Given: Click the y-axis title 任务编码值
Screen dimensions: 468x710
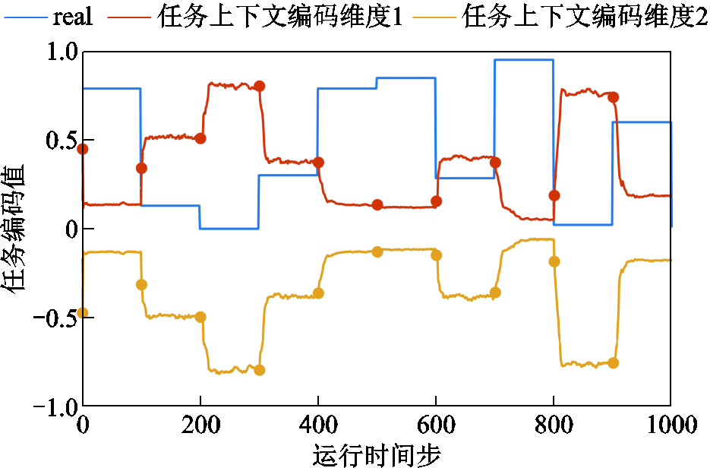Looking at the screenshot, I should pos(17,228).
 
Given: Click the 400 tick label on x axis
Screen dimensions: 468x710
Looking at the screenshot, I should pos(317,425).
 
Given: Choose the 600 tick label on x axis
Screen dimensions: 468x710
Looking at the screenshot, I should pos(435,425).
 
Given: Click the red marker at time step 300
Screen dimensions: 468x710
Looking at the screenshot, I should pos(259,86).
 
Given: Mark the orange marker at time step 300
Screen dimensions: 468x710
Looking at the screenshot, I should pos(259,370).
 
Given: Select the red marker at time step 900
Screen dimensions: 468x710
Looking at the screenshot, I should pos(613,97).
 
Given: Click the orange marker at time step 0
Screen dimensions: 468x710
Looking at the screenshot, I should pos(83,313).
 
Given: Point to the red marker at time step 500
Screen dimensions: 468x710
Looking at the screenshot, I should pos(377,205).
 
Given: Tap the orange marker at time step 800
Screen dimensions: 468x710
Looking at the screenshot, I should pos(554,261).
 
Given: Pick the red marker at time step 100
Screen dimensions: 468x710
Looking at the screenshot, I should pos(141,168).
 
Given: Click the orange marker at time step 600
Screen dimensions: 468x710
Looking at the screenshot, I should pos(436,255).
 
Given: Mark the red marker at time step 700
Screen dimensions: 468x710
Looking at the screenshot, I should pos(495,162).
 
